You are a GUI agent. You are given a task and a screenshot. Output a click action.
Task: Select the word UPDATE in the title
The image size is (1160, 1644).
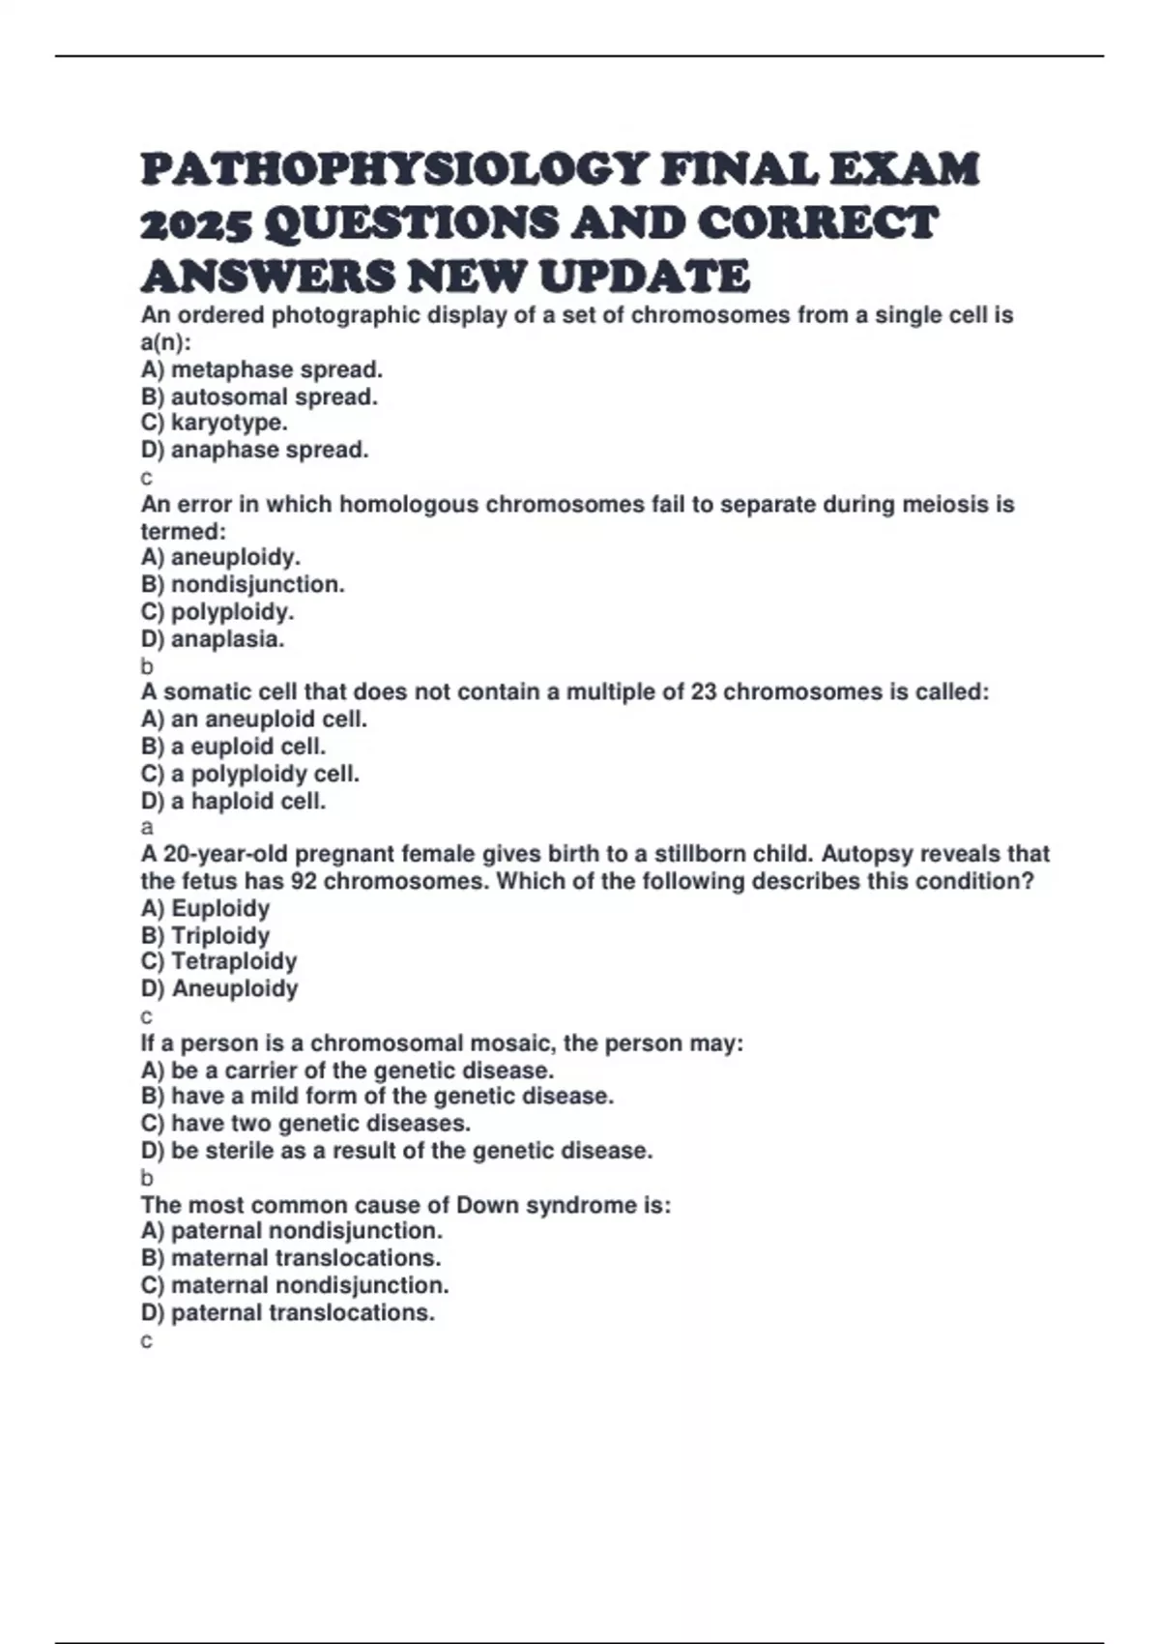[x=644, y=278]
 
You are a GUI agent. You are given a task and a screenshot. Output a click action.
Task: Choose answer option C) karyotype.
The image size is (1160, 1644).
[x=214, y=424]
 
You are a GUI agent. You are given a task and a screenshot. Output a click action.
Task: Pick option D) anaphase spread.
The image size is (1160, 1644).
[x=254, y=451]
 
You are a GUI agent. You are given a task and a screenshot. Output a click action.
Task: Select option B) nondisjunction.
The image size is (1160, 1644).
[x=243, y=585]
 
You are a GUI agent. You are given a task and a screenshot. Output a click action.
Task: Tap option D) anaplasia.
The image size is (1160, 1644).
[x=213, y=639]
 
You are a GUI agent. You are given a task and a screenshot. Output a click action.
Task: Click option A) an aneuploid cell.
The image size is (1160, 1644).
[x=253, y=719]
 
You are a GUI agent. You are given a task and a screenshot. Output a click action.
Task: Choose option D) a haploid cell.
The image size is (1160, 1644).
[x=233, y=802]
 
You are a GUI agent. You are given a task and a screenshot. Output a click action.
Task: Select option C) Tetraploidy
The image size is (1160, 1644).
[x=218, y=962]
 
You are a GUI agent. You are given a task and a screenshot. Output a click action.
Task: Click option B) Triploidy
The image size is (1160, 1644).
[x=205, y=936]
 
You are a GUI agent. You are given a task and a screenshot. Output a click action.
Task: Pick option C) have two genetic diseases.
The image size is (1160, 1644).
[x=305, y=1124]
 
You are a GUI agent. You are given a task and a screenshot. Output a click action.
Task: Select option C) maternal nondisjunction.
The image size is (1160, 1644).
[x=295, y=1286]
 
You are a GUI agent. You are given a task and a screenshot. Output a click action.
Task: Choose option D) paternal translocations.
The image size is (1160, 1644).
[x=287, y=1313]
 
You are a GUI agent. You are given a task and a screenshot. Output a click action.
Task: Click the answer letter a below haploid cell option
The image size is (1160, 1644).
[x=147, y=828]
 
